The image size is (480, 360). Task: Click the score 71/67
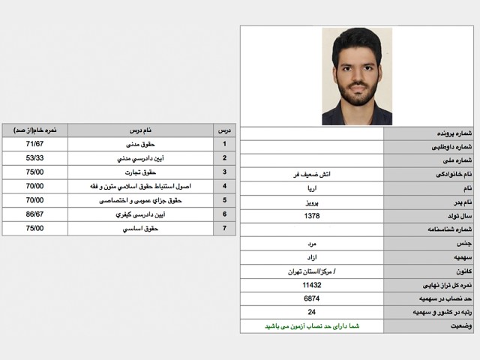pyautogui.click(x=34, y=144)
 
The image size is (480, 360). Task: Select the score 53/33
pyautogui.click(x=34, y=158)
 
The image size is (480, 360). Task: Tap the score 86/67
pyautogui.click(x=34, y=214)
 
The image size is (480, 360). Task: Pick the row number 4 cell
pyautogui.click(x=224, y=186)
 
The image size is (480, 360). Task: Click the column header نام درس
pyautogui.click(x=140, y=130)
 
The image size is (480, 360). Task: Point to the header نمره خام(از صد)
pyautogui.click(x=35, y=130)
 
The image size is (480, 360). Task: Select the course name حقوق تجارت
pyautogui.click(x=140, y=172)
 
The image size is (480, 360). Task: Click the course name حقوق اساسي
pyautogui.click(x=140, y=228)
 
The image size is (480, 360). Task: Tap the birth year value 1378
pyautogui.click(x=311, y=216)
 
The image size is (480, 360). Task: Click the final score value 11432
pyautogui.click(x=311, y=286)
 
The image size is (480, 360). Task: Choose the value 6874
pyautogui.click(x=311, y=298)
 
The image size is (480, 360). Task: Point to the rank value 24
pyautogui.click(x=311, y=312)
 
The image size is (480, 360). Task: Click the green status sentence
pyautogui.click(x=311, y=326)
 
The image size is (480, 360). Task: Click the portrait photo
pyautogui.click(x=357, y=76)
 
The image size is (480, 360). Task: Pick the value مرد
pyautogui.click(x=311, y=244)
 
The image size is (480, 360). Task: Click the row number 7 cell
pyautogui.click(x=224, y=228)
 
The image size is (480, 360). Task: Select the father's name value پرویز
pyautogui.click(x=311, y=202)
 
